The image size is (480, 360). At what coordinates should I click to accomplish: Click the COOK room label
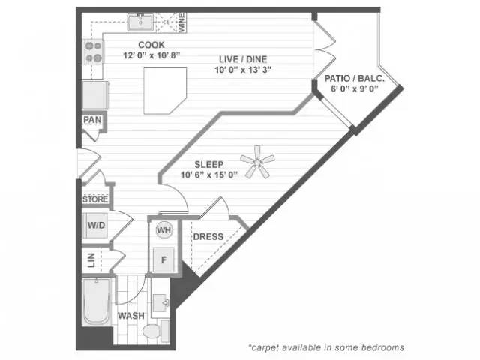click(x=151, y=45)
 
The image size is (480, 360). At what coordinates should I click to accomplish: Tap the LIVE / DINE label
click(x=242, y=59)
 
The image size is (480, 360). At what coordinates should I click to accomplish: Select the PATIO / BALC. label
click(x=355, y=79)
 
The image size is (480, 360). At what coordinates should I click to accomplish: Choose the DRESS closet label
click(x=208, y=237)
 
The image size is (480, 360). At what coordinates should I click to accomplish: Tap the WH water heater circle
click(x=163, y=230)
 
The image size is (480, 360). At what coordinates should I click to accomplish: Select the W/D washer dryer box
click(x=96, y=226)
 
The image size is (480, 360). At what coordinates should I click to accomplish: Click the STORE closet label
click(x=95, y=199)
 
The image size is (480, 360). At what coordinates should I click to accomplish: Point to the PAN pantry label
click(x=93, y=120)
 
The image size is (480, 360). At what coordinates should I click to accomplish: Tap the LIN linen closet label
click(x=91, y=259)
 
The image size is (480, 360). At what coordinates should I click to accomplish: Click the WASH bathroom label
click(x=130, y=316)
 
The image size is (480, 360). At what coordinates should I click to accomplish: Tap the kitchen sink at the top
click(x=141, y=24)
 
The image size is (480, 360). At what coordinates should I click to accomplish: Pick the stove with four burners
click(x=94, y=52)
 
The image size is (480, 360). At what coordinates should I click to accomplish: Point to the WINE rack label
click(x=181, y=22)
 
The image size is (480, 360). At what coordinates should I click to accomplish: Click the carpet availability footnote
click(x=326, y=347)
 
